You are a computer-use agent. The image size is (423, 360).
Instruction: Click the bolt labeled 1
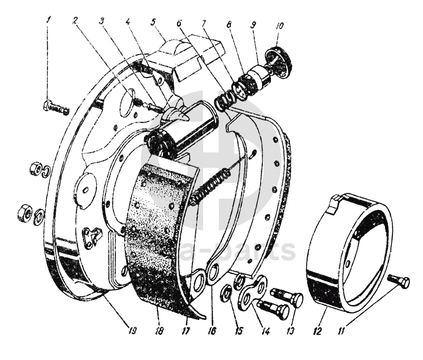coord(55,108)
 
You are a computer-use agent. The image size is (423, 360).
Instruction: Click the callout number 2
coord(75,20)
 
